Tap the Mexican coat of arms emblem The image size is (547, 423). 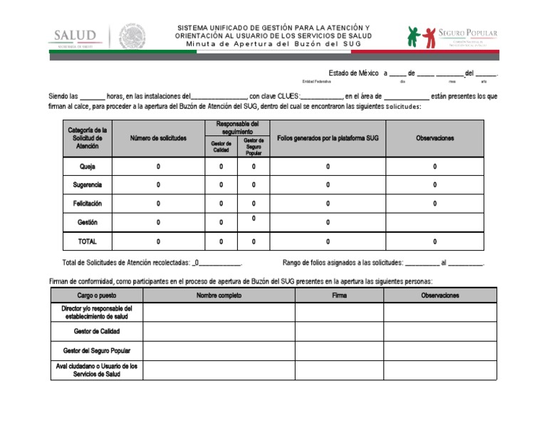132,36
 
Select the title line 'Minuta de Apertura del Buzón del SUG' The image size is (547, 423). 273,43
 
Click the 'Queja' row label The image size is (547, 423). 87,167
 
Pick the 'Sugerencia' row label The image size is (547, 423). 87,185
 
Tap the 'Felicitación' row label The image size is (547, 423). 87,204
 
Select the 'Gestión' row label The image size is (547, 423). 87,222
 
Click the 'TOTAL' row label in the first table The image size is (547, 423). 87,241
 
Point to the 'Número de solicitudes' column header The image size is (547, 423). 158,138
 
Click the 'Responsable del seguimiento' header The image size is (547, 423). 237,127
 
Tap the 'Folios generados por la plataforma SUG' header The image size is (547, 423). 328,138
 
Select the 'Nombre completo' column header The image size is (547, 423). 219,295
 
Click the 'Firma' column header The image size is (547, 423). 339,295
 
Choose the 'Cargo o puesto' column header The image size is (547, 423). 96,295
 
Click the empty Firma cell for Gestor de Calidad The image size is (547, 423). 339,331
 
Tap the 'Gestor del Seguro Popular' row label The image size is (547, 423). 96,350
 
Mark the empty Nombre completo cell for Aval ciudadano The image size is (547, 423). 219,370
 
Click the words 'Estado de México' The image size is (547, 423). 353,73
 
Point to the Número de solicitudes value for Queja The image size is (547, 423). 158,167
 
